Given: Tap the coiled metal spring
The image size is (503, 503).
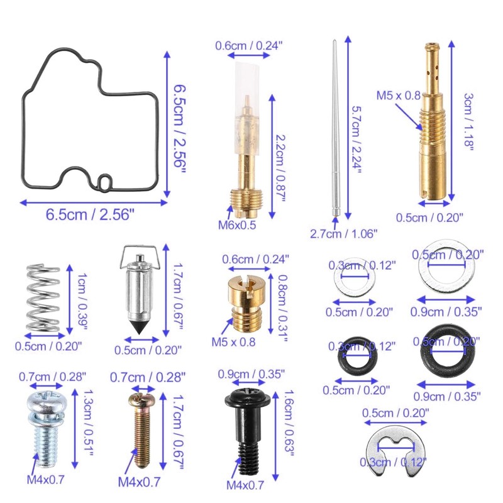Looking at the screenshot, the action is [43, 297].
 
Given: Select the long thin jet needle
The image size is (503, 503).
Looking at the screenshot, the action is [335, 128].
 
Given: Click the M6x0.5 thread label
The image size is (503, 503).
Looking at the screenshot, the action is [237, 225].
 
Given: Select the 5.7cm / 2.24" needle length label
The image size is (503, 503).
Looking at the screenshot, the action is [357, 140].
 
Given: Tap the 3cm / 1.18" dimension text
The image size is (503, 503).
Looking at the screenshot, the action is [468, 122].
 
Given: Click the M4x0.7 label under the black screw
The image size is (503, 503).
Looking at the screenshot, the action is [245, 485].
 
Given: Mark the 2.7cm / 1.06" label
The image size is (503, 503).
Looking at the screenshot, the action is [343, 234].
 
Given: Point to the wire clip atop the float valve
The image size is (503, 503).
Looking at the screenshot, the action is [139, 256].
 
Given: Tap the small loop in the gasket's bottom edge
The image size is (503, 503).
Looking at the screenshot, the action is [105, 182].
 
